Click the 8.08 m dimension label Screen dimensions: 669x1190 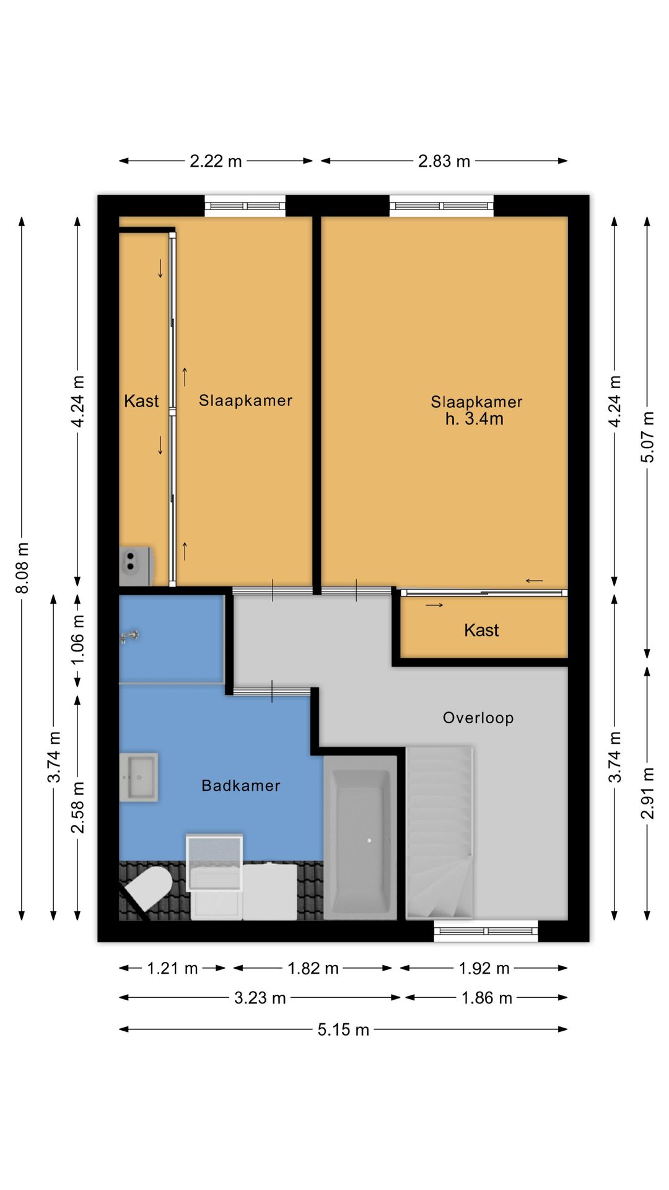click(x=22, y=567)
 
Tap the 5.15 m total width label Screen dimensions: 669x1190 click(x=343, y=1029)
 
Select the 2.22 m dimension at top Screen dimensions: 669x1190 click(x=216, y=161)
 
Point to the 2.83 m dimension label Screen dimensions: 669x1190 click(x=444, y=161)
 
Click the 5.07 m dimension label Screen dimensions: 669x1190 click(x=647, y=437)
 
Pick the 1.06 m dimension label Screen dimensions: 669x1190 click(x=77, y=639)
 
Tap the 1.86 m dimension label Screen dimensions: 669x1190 click(x=487, y=998)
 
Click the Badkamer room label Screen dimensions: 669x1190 click(x=241, y=785)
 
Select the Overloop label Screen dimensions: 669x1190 click(x=478, y=718)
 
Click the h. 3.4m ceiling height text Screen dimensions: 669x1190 click(x=474, y=419)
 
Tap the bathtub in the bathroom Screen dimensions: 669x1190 click(x=360, y=837)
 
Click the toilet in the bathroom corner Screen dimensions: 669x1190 click(x=147, y=888)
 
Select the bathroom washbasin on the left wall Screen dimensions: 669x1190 click(x=138, y=777)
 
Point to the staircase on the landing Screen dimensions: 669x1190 click(x=439, y=832)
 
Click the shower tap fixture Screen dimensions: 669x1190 click(x=129, y=636)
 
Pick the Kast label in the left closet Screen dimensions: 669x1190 click(x=141, y=401)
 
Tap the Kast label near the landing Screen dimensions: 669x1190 click(x=481, y=630)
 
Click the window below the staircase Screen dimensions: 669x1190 click(x=486, y=931)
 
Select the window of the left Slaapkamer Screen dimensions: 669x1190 click(x=245, y=206)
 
